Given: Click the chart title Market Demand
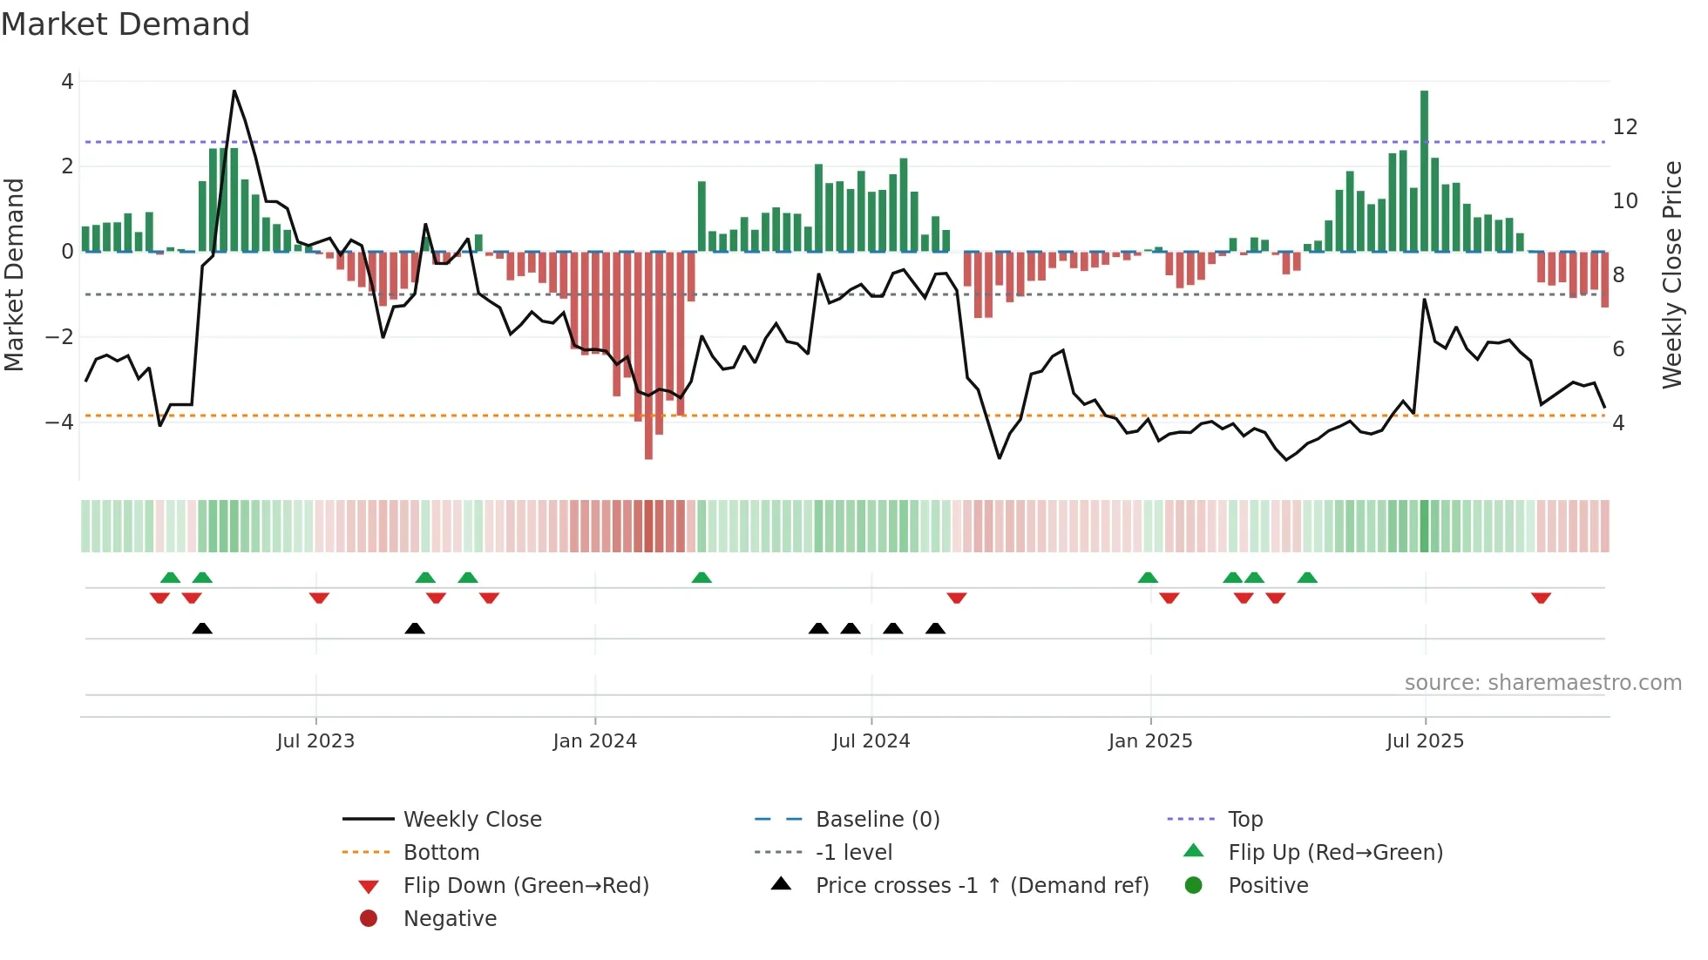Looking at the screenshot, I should [125, 24].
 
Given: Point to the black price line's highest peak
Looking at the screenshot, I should [234, 91].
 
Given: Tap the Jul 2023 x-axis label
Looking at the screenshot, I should [315, 741].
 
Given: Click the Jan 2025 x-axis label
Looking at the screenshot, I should [1150, 741].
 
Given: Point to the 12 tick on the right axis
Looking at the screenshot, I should [1625, 127].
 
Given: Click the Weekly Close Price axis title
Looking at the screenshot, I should [1672, 274].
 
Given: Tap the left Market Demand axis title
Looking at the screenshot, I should [14, 274].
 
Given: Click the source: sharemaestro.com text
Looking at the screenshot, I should [1542, 683].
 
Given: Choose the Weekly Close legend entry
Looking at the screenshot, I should [472, 820].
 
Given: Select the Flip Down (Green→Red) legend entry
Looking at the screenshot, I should [525, 886].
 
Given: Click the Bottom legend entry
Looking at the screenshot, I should [441, 853].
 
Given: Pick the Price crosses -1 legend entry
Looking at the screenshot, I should [981, 886].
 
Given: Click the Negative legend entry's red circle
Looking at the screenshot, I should [369, 919].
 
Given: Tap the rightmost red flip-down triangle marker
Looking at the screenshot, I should [1541, 598].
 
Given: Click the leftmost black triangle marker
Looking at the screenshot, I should [202, 628].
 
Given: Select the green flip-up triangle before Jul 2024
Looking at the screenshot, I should [701, 578].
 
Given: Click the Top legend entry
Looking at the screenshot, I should [1245, 820].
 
